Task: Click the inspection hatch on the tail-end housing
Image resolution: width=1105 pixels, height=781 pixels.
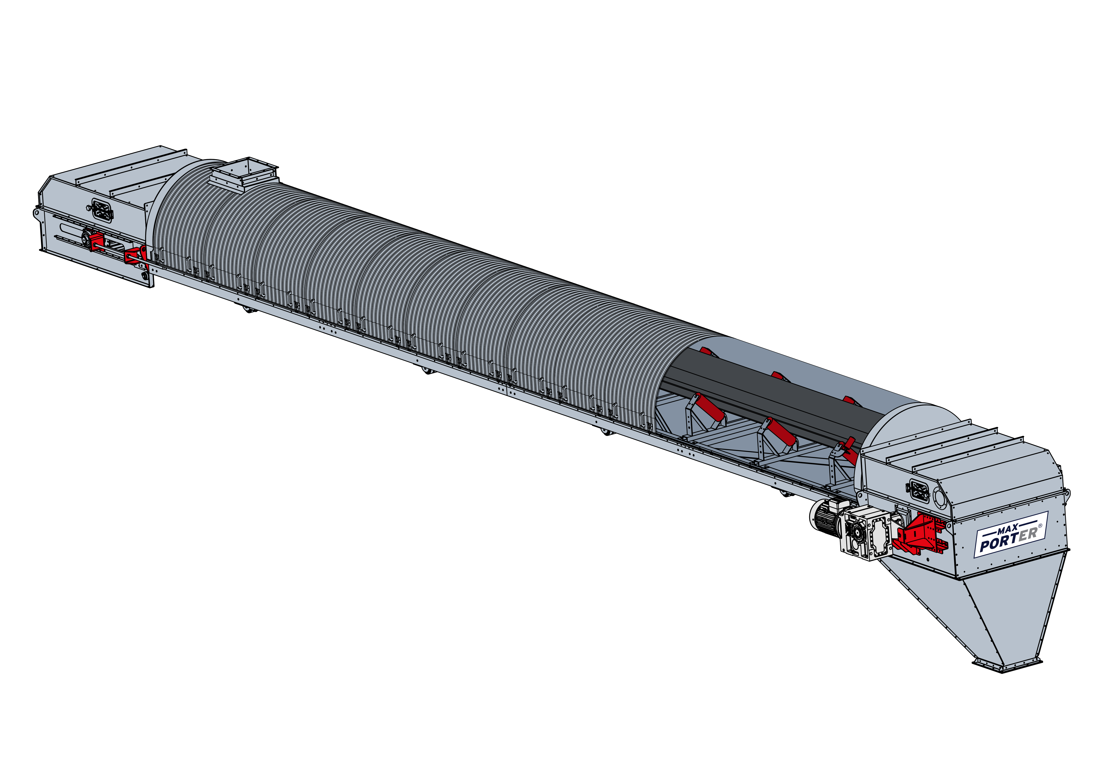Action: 102,210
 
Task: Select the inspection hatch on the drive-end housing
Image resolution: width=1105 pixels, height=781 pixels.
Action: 919,492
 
